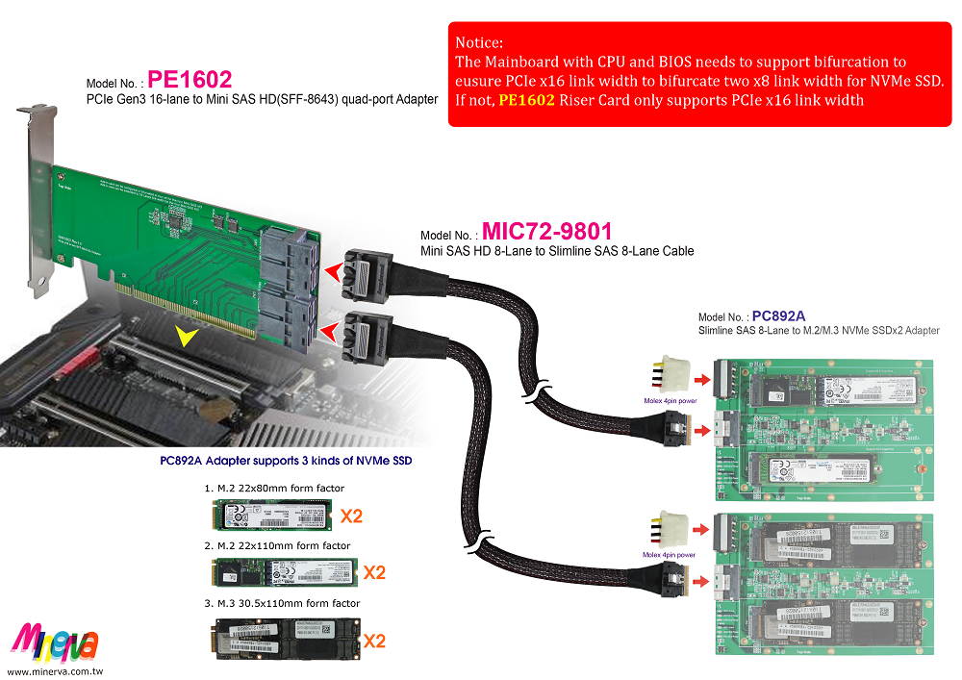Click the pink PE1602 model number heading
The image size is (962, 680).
(x=190, y=78)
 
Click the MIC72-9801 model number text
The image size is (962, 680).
(x=546, y=232)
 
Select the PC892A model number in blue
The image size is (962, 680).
(x=778, y=315)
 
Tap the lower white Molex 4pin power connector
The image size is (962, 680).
(x=671, y=533)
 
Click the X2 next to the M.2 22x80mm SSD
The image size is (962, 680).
(x=351, y=516)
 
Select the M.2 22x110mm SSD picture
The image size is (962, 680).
(x=280, y=573)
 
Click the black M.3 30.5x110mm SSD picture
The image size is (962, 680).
(x=280, y=639)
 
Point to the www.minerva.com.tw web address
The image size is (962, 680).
(x=55, y=669)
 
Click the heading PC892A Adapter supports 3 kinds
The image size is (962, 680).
(x=286, y=461)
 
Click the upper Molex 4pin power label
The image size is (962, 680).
(x=664, y=398)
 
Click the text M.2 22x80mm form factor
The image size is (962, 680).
(x=273, y=489)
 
